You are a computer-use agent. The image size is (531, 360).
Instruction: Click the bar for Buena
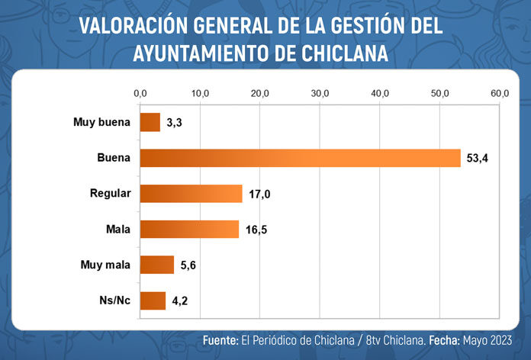click(x=300, y=158)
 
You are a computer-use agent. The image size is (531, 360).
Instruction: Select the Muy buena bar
click(x=150, y=122)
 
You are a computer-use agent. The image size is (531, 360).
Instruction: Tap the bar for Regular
click(x=190, y=194)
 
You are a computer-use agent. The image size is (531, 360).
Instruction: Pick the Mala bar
click(x=188, y=229)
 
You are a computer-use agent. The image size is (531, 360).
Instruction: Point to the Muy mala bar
click(x=156, y=265)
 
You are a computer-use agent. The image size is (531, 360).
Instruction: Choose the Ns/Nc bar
click(x=152, y=301)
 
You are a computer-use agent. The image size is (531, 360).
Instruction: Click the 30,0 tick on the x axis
click(x=320, y=93)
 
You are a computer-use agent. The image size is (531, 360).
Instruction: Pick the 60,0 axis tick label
click(x=500, y=93)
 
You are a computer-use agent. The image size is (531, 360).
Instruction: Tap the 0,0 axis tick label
click(x=140, y=93)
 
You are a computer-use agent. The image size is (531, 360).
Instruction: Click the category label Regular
click(x=111, y=194)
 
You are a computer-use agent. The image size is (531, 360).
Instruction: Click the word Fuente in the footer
click(x=219, y=339)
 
